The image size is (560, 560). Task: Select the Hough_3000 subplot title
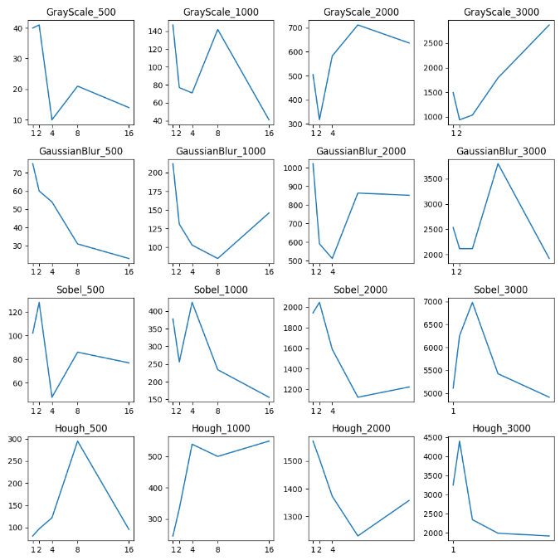[501, 428]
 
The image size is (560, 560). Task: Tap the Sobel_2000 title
[361, 290]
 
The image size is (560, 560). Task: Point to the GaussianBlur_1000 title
[221, 151]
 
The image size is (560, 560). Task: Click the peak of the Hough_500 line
[77, 441]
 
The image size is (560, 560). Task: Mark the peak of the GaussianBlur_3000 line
[498, 163]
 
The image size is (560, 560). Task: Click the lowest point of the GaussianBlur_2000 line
[332, 259]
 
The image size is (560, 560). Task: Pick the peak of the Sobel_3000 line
[472, 302]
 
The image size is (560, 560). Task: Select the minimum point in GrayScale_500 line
[52, 119]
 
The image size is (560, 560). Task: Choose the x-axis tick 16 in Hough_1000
[269, 548]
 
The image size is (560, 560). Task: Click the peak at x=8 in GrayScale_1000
[217, 30]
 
